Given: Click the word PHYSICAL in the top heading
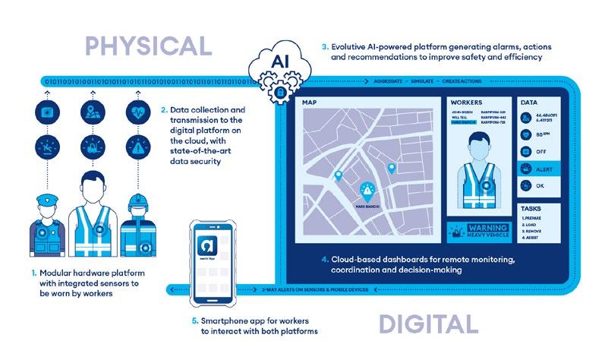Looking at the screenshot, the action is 147,45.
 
